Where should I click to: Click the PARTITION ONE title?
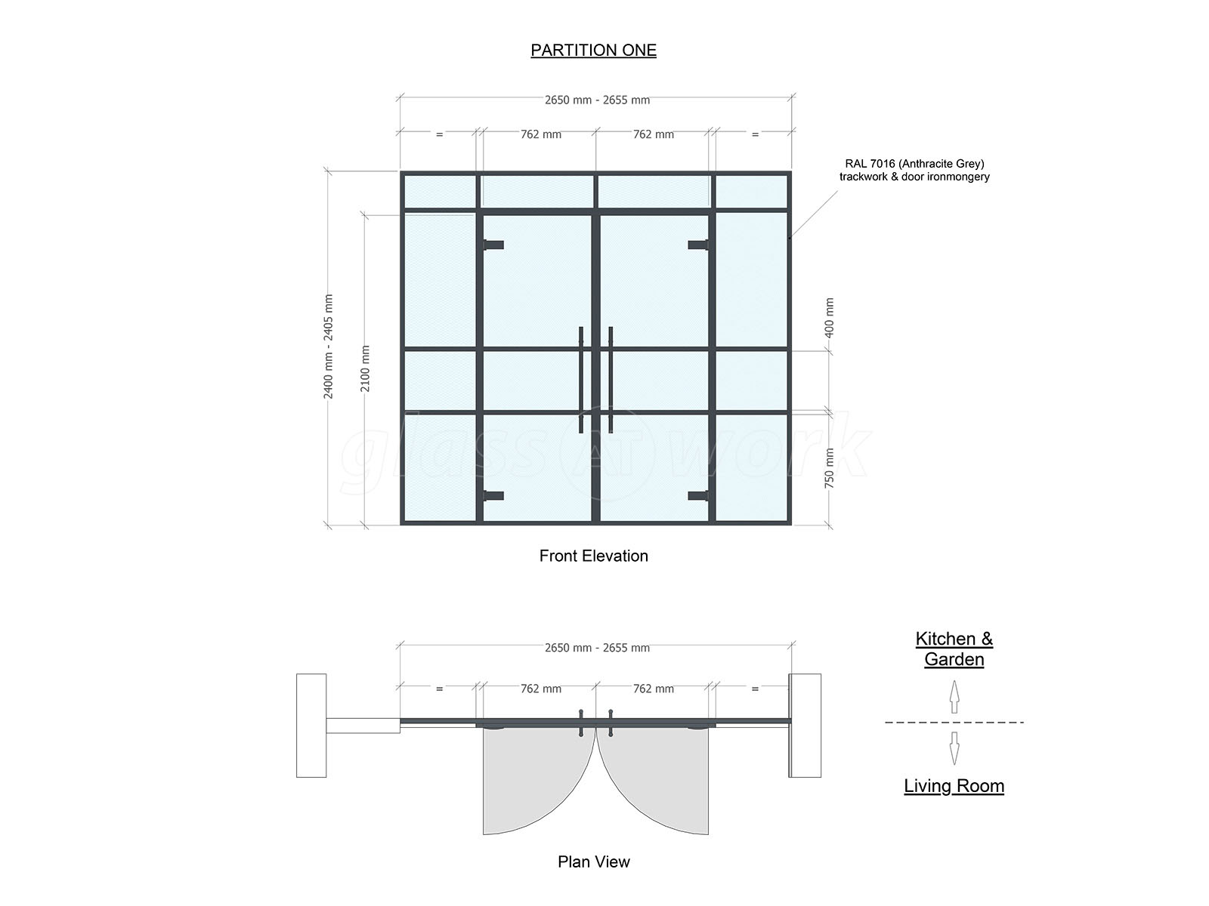point(593,50)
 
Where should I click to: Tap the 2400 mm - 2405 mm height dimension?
point(328,347)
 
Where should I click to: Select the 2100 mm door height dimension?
point(365,368)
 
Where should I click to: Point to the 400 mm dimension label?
point(830,318)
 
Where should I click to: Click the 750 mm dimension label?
point(830,468)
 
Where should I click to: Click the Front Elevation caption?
point(593,556)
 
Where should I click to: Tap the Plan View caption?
point(593,861)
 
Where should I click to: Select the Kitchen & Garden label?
point(954,649)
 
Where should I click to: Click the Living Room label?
point(954,785)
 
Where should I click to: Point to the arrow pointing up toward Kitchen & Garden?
point(954,697)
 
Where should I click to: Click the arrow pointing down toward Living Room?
point(954,748)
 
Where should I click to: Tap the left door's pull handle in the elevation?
point(580,380)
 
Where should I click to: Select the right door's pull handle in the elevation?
point(611,380)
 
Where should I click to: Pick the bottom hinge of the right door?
point(698,496)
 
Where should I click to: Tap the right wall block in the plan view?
point(805,725)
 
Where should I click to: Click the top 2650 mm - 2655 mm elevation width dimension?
point(597,100)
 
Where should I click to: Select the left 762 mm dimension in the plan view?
point(541,689)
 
